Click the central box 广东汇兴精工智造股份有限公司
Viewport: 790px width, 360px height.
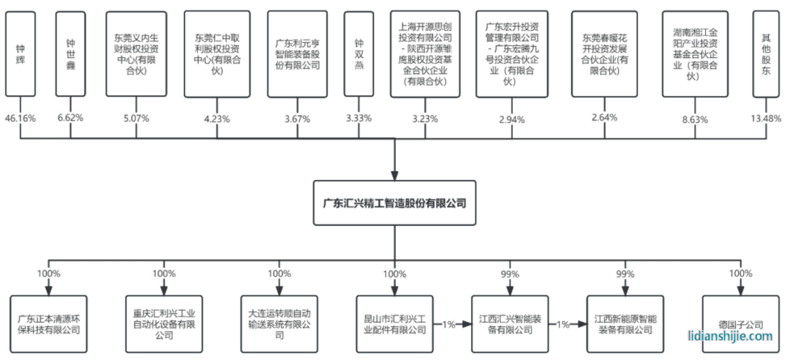click(394, 203)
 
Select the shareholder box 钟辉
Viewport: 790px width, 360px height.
click(20, 54)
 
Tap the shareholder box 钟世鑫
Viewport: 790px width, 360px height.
click(70, 54)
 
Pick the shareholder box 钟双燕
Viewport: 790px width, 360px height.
click(358, 54)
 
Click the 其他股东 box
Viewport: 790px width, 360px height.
click(767, 54)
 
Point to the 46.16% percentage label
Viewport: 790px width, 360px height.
click(20, 118)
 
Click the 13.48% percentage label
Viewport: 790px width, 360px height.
click(767, 118)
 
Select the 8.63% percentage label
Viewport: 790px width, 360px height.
click(695, 118)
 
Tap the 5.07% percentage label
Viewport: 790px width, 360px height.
click(137, 118)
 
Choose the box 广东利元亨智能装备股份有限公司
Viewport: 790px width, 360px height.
click(297, 54)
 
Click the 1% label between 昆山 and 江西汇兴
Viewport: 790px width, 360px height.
click(448, 324)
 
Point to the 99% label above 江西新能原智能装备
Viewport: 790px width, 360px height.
click(625, 274)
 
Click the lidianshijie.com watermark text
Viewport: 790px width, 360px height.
click(730, 336)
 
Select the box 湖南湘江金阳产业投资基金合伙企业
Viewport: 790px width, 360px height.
click(695, 54)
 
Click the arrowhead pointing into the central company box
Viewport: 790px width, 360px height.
click(394, 174)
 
